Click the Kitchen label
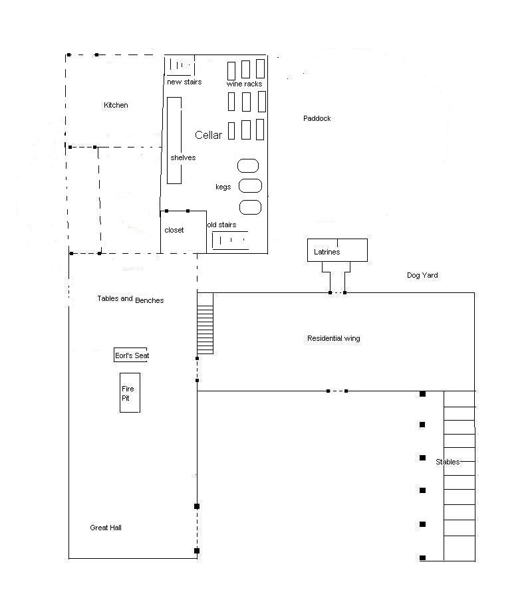point(116,105)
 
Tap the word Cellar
point(208,135)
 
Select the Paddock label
point(317,118)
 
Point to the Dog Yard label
point(422,275)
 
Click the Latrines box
point(336,250)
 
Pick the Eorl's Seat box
point(131,355)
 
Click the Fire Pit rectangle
point(130,393)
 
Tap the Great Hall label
point(106,528)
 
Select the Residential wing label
point(333,338)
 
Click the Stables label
point(448,462)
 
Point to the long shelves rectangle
point(174,140)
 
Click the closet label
point(174,230)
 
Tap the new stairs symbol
point(180,66)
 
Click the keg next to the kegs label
point(249,186)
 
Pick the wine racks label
point(244,84)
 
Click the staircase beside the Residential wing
point(205,323)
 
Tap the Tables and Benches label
point(130,300)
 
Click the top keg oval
point(248,165)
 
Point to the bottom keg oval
point(250,207)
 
